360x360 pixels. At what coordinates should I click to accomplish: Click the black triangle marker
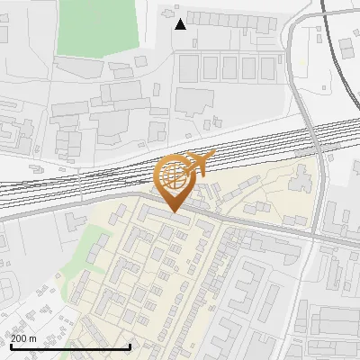pos(181,24)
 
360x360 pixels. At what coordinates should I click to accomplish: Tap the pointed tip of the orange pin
pos(174,211)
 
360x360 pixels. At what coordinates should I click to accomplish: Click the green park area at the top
pos(99,25)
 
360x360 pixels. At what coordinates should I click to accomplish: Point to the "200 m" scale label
pos(24,338)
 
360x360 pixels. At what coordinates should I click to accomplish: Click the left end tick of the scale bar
pos(10,346)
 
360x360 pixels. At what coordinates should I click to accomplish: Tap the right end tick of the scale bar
pos(131,346)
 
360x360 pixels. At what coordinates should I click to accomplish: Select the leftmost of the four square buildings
pos(188,67)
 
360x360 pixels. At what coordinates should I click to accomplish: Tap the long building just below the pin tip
pos(172,218)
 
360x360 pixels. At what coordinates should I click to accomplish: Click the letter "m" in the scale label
pos(34,338)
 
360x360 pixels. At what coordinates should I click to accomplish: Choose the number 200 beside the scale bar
pos(19,338)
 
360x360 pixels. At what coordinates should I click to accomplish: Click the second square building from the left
pos(210,67)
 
